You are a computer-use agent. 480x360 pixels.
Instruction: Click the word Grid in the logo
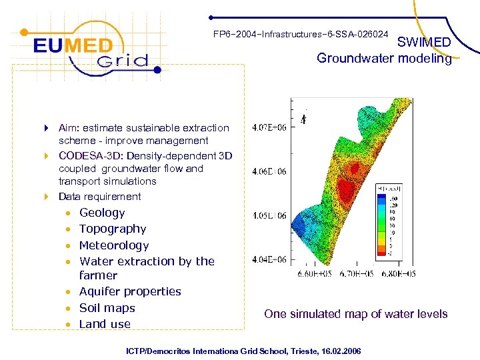(121, 62)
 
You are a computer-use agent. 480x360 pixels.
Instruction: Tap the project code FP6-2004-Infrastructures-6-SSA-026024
(301, 34)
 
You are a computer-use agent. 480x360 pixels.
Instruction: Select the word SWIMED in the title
(424, 42)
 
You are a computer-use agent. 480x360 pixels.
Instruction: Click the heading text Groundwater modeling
(384, 59)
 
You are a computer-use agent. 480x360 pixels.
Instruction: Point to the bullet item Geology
(102, 213)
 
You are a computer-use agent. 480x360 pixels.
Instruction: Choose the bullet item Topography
(113, 229)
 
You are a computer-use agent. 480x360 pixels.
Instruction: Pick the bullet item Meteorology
(114, 245)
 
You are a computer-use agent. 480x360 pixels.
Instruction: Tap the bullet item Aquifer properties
(130, 291)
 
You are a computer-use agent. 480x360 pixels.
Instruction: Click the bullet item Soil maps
(107, 308)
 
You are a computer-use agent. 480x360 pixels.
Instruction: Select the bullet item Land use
(105, 324)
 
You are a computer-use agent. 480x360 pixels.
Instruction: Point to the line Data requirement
(99, 197)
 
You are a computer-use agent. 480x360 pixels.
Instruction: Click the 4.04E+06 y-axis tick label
(269, 259)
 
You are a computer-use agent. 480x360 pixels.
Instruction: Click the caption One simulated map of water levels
(355, 314)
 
